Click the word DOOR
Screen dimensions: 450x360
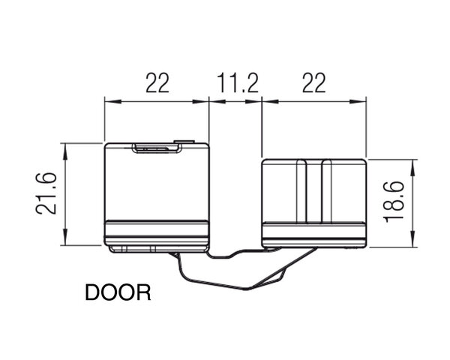click(x=118, y=292)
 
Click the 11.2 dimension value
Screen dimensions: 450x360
click(x=238, y=83)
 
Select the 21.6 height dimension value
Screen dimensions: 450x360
click(x=46, y=193)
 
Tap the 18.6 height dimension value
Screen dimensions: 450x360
click(x=394, y=202)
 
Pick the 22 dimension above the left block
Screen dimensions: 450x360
click(x=157, y=83)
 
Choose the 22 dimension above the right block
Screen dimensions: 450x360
click(x=314, y=83)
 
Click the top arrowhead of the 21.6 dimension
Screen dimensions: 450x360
click(x=65, y=151)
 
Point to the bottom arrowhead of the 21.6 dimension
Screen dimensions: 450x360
click(x=65, y=237)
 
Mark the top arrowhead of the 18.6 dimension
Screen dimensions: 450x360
click(x=413, y=168)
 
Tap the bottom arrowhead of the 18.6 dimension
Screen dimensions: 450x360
click(x=413, y=238)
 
